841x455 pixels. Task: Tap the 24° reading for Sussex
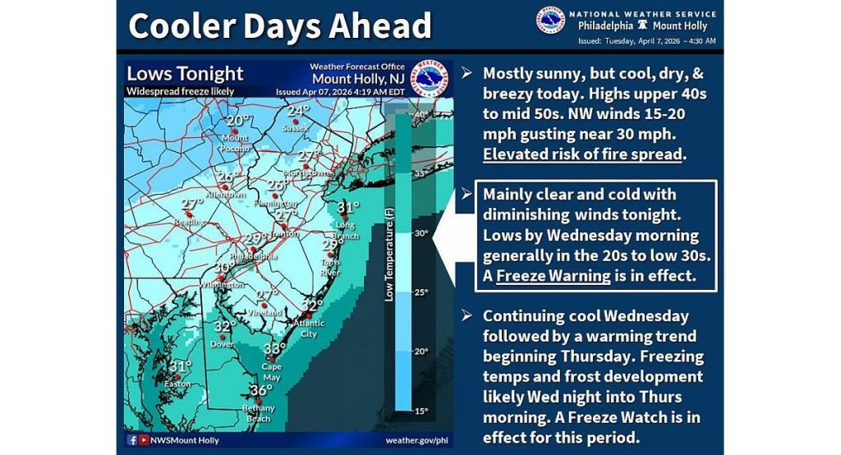(297, 112)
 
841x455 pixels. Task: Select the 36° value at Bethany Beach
(260, 390)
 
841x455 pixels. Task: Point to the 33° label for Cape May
(273, 349)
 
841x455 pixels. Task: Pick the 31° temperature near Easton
(180, 367)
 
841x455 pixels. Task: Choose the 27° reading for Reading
(191, 205)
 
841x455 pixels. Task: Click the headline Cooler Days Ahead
(279, 26)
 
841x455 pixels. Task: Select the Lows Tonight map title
(185, 74)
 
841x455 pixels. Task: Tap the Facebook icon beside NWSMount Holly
(132, 440)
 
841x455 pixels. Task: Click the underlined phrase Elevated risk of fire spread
(582, 154)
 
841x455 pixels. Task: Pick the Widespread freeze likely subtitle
(181, 91)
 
